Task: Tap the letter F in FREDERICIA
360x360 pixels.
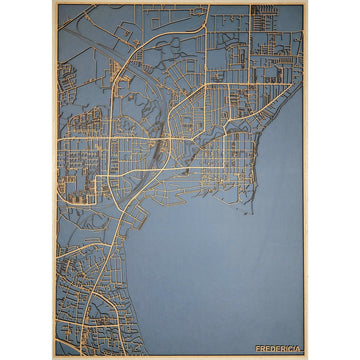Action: click(258, 348)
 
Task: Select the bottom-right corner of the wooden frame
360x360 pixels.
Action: click(307, 357)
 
